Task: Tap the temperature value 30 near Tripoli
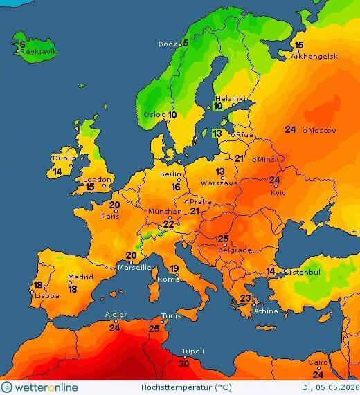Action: pos(183,363)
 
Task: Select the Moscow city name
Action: pos(322,130)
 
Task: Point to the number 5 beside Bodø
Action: pos(185,43)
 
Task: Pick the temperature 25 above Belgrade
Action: pos(223,239)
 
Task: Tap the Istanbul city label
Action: pos(305,273)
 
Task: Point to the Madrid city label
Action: pos(80,277)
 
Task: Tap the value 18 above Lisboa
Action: pos(38,285)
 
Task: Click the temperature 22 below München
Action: pos(168,224)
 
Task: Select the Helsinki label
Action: pos(230,98)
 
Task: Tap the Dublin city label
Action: pos(64,158)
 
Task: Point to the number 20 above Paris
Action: pos(115,205)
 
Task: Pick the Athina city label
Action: pos(266,311)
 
